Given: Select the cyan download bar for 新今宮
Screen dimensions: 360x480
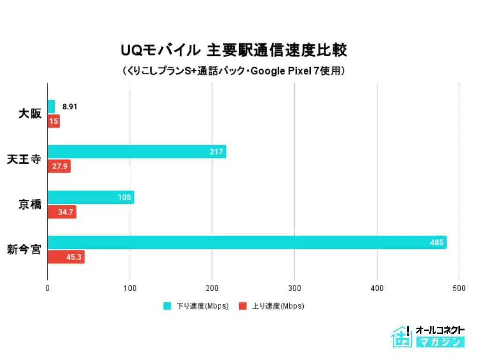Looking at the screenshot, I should pos(247,242).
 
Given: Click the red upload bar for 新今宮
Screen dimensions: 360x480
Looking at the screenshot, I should pos(66,257).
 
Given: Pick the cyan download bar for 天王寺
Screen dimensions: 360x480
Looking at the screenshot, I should pos(137,151).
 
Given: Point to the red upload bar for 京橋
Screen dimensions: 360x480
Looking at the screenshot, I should pos(62,212).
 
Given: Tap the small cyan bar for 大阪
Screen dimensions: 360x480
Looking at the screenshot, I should pos(51,106).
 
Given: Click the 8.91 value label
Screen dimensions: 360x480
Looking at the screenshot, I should pos(70,107).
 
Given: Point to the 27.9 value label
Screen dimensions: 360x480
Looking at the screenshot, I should pos(60,166).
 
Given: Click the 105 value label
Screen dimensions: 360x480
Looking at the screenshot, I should pos(124,197).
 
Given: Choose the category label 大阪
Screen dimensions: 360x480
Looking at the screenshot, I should pos(30,114).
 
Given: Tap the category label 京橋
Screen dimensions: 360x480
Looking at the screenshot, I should pos(30,204).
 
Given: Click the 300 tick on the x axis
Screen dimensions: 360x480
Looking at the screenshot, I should pos(294,288).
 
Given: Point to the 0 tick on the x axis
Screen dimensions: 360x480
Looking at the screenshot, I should pos(47,288).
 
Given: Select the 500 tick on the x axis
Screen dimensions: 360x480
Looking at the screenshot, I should pos(459,288).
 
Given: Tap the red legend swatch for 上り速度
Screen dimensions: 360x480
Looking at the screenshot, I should pos(243,306).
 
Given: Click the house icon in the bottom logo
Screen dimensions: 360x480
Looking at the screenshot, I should pos(401,337).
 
